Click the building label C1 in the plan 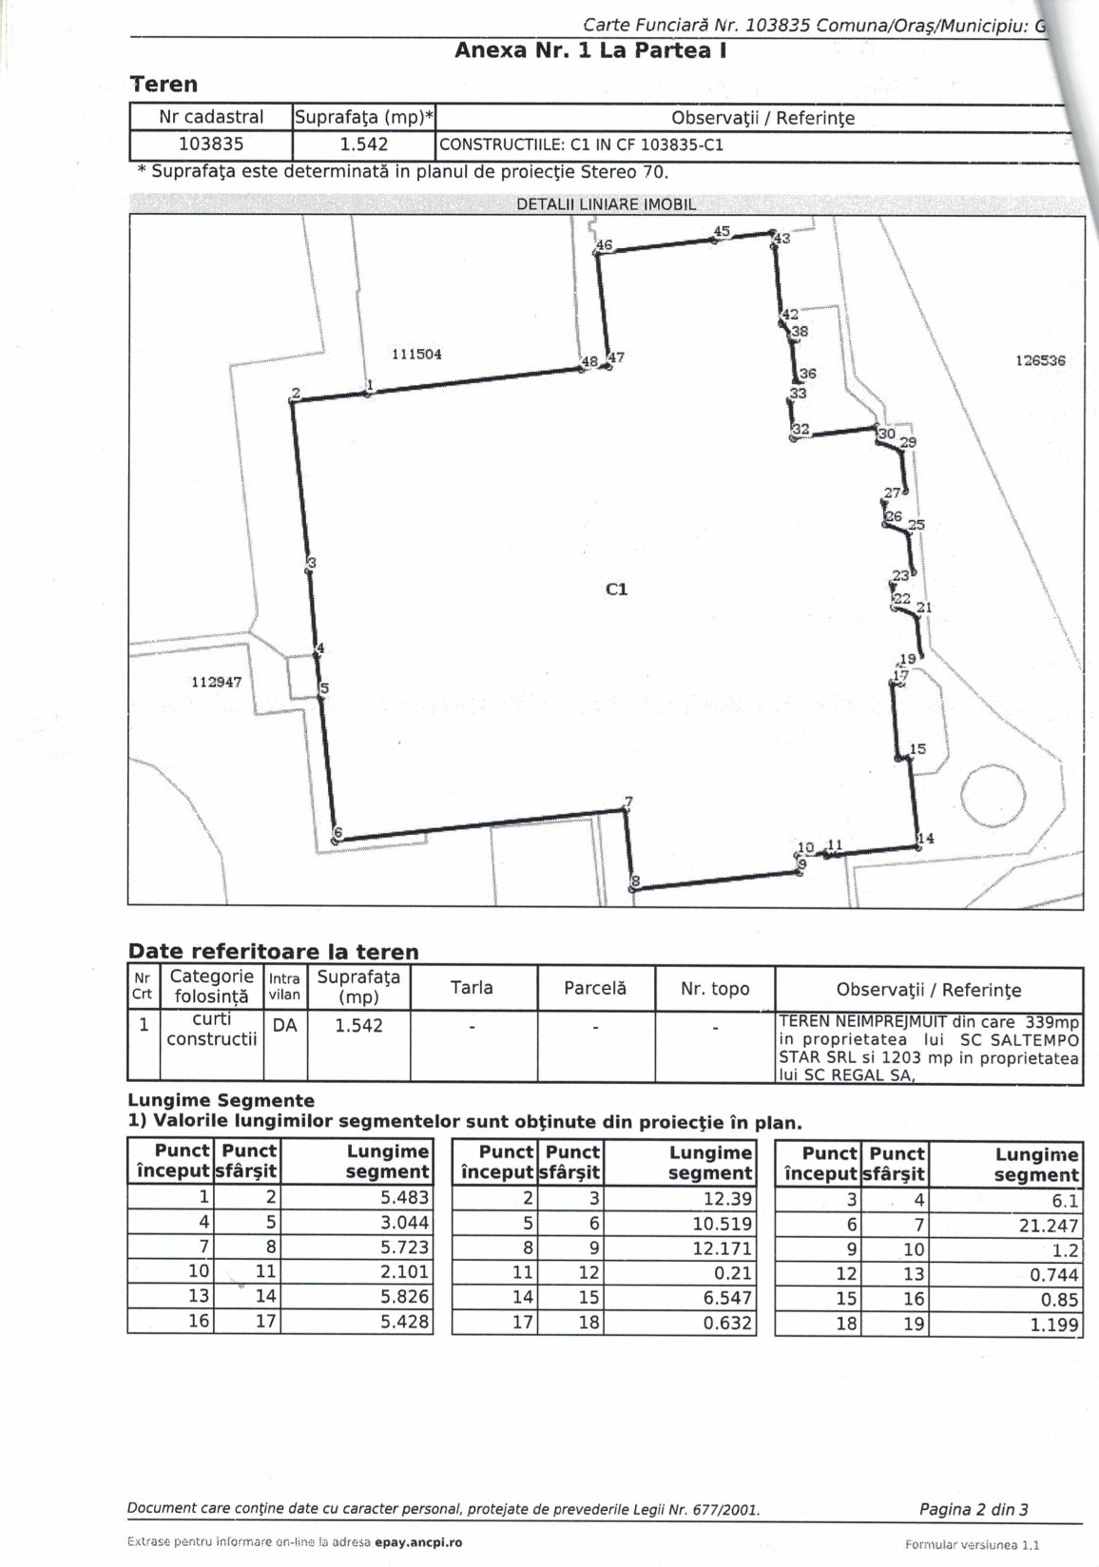(616, 590)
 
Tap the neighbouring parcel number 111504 (416, 354)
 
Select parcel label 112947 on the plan (217, 682)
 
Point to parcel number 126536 (1040, 360)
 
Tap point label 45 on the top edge (722, 231)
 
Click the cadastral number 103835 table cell (211, 145)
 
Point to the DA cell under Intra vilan (284, 1026)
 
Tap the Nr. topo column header (715, 989)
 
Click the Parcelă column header (594, 988)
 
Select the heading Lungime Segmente (221, 1101)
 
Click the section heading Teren (164, 84)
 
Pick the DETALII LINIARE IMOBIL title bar (606, 204)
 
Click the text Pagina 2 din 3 (974, 1508)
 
